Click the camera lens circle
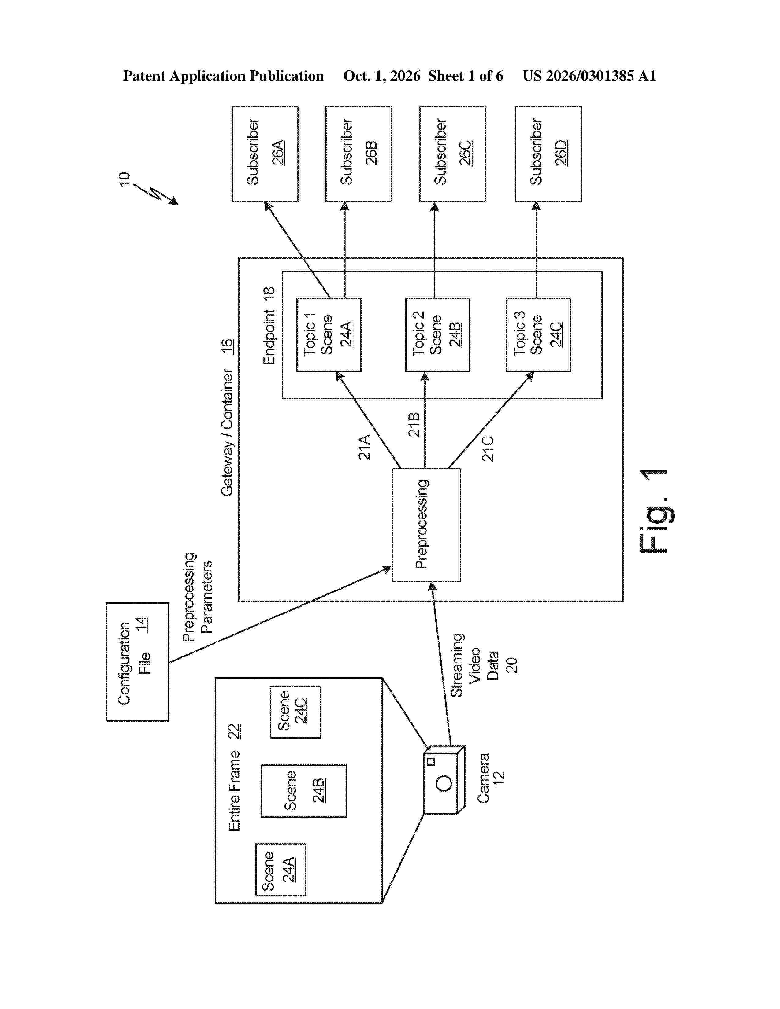pos(444,783)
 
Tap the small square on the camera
pos(431,761)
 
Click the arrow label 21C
pos(488,449)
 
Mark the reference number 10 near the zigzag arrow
pos(124,179)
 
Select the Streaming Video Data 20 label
pos(484,665)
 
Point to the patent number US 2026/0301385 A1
pos(589,76)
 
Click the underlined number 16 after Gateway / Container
pos(227,346)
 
